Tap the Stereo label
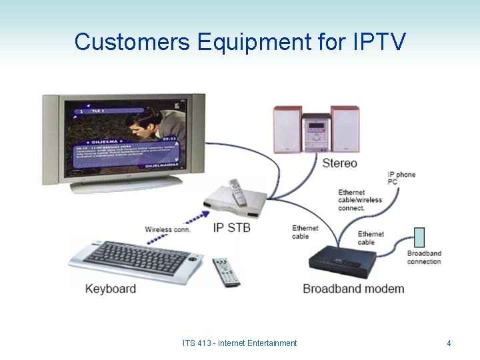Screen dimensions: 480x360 coord(339,163)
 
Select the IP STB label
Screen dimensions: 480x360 coord(231,228)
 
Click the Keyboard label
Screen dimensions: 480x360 coord(111,289)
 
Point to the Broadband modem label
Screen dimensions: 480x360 coord(353,289)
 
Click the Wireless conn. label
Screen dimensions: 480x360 coord(167,229)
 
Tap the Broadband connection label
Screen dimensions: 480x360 coord(424,257)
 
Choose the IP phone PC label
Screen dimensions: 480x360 coord(401,178)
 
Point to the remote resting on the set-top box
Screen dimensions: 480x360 coord(236,191)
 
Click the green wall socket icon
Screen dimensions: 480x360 coord(419,237)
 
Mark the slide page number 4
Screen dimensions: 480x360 coord(449,343)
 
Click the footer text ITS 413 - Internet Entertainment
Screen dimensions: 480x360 coord(239,343)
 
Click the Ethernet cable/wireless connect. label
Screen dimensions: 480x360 coord(360,200)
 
